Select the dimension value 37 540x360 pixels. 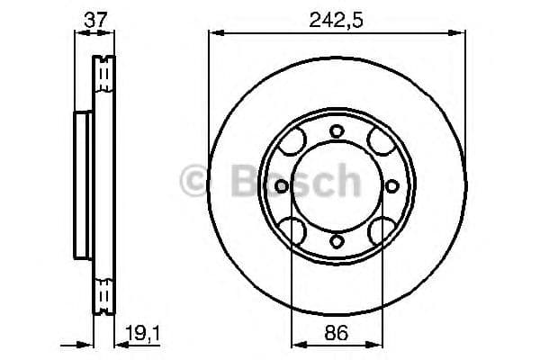pyautogui.click(x=94, y=17)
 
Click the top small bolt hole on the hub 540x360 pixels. pyautogui.click(x=337, y=131)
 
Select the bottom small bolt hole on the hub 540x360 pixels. pyautogui.click(x=337, y=240)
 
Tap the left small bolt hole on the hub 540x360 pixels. pyautogui.click(x=282, y=186)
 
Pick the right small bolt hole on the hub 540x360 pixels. pyautogui.click(x=391, y=186)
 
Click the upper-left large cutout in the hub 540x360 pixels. pyautogui.click(x=293, y=143)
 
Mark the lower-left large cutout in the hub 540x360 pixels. pyautogui.click(x=293, y=229)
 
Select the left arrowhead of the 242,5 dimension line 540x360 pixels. pyautogui.click(x=213, y=33)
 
